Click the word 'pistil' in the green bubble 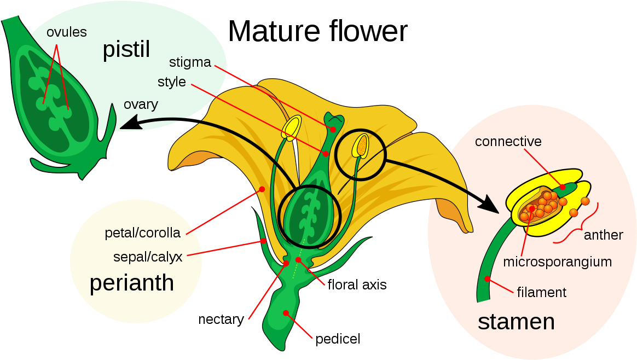click(x=126, y=50)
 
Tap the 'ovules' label click(x=66, y=32)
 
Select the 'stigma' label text click(x=190, y=62)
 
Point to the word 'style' click(x=171, y=83)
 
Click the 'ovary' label click(x=141, y=104)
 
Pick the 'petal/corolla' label click(x=142, y=233)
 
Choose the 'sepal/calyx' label click(x=147, y=257)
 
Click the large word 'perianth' click(x=132, y=283)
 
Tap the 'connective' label click(x=508, y=142)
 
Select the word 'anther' click(x=603, y=235)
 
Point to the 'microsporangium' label click(x=557, y=262)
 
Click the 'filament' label click(x=541, y=292)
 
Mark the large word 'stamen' click(x=516, y=322)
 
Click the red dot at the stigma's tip click(x=333, y=129)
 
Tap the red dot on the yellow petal click(x=262, y=189)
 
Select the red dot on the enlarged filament click(x=488, y=279)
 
